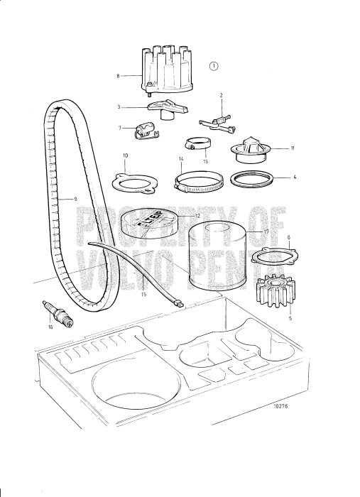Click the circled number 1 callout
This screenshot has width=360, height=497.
[214, 66]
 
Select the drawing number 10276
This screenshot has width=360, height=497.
[299, 406]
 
